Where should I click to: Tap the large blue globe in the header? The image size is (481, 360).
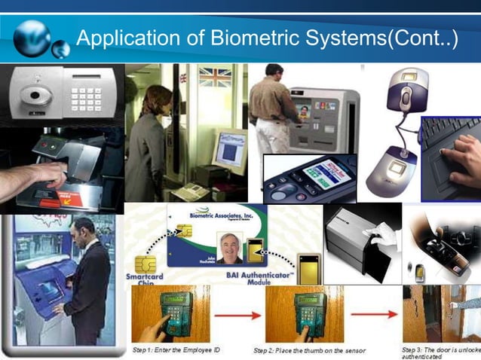click(x=32, y=38)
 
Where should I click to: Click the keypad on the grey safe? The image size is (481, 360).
click(x=84, y=96)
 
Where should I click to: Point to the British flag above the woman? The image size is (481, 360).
click(x=214, y=76)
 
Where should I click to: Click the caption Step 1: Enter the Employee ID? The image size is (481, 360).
click(x=170, y=351)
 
